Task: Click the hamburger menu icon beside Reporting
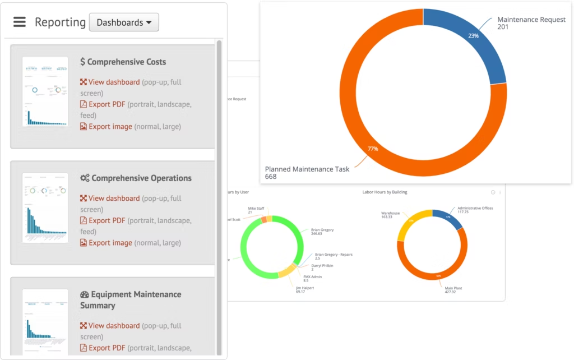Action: pos(20,22)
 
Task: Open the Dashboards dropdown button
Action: pos(124,22)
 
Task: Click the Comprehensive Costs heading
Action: pos(123,62)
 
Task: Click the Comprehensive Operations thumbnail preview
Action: pos(45,207)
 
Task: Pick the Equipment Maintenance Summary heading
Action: pos(130,299)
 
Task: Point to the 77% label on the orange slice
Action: pos(373,149)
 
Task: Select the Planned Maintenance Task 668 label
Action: pos(307,173)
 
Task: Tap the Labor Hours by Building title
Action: pos(385,192)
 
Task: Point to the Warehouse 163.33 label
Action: pos(390,215)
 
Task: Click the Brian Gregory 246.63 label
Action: pos(323,231)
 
